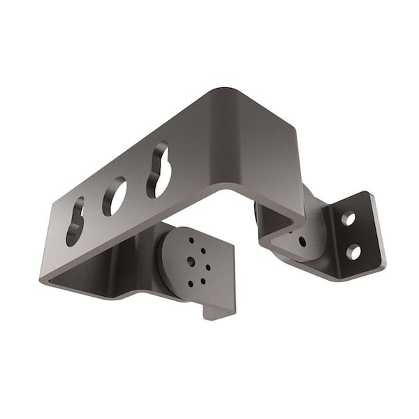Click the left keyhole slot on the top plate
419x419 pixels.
[74, 222]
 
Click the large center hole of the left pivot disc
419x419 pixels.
[191, 261]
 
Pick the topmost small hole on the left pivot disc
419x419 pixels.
[190, 240]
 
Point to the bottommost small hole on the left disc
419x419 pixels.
[190, 284]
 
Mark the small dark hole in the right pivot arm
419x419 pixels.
[302, 242]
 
